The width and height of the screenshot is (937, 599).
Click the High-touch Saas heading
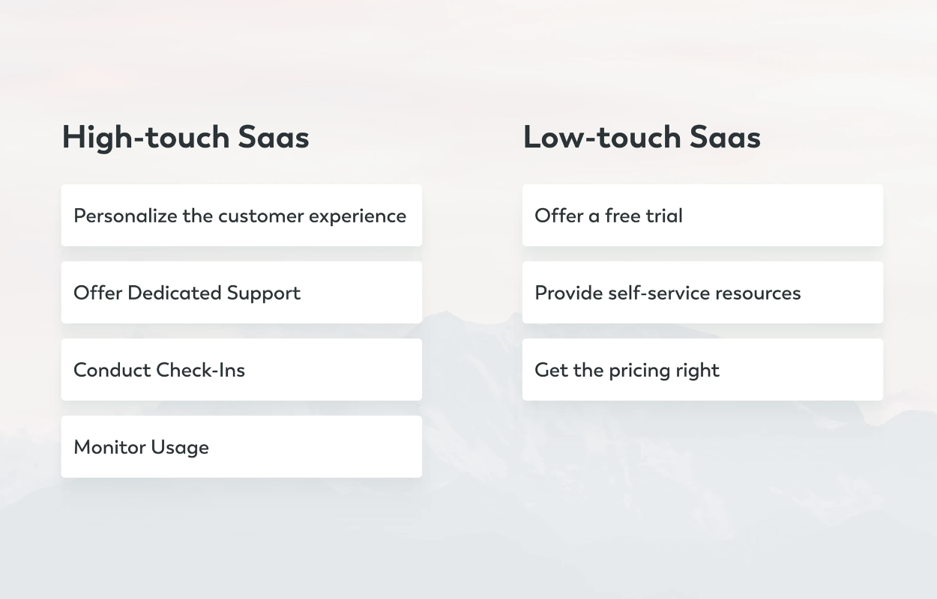(x=185, y=138)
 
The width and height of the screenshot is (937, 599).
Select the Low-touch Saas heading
(x=642, y=137)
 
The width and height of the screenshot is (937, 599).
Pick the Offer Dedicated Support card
(x=241, y=293)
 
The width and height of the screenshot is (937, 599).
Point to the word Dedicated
(x=175, y=293)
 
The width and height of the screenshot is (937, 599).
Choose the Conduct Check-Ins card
(x=241, y=370)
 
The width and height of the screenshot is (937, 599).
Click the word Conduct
(x=112, y=370)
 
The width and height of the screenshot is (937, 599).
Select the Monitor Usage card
(x=241, y=446)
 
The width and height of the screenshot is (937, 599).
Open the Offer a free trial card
(x=703, y=215)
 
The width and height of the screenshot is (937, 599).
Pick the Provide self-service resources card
(x=703, y=293)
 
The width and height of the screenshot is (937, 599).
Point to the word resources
(x=758, y=294)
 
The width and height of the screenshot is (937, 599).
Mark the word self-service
(x=659, y=293)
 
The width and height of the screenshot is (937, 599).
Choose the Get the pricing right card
(x=703, y=370)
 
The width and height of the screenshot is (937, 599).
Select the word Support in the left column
(x=264, y=294)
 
